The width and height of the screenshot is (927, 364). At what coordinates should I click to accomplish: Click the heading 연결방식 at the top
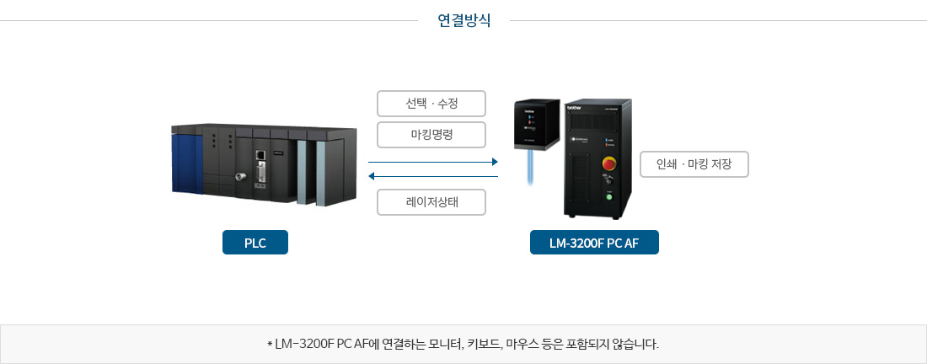tap(463, 21)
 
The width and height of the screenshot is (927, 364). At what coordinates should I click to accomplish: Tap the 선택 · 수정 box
tap(431, 104)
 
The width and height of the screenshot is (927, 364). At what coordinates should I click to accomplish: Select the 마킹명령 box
tap(431, 135)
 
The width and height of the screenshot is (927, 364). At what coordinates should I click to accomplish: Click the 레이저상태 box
tap(431, 202)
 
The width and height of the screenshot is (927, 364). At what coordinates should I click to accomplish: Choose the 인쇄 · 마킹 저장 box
tap(694, 164)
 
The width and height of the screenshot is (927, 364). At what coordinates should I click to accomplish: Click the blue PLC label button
tap(255, 243)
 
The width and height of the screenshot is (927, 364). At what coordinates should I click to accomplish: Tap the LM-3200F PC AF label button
tap(594, 243)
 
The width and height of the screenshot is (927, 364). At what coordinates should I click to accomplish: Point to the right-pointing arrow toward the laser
tap(433, 162)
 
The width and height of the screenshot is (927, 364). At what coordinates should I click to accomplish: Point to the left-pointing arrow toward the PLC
tap(433, 176)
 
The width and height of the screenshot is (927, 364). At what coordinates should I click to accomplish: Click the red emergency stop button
tap(608, 163)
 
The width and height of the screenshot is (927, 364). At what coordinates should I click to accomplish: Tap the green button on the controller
tap(609, 198)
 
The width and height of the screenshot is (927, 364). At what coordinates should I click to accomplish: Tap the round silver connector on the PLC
tap(241, 176)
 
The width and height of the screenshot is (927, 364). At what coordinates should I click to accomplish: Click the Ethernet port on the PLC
tap(260, 155)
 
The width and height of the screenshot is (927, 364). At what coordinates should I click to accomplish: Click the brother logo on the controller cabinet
tap(574, 108)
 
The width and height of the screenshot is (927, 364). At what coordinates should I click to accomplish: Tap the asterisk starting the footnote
tap(270, 343)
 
